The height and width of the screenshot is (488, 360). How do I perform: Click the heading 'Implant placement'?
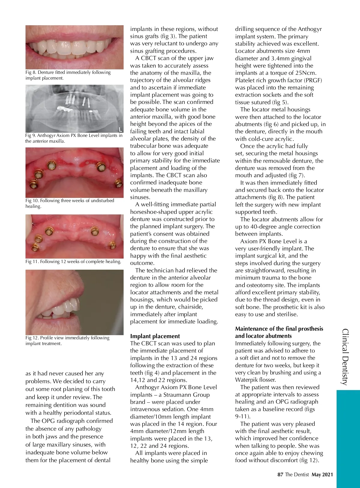point(155,336)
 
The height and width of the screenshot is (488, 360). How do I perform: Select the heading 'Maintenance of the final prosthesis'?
point(279,329)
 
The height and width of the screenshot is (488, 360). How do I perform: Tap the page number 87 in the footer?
point(280,474)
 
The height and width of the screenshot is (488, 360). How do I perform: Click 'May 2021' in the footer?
point(322,474)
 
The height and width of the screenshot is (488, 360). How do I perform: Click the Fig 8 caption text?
point(68,75)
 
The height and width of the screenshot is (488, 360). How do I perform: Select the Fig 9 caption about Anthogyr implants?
point(74,138)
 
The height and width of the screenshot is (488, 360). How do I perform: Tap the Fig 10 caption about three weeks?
point(70,203)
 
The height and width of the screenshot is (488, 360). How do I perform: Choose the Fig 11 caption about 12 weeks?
point(73,262)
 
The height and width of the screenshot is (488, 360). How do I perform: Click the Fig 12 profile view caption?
point(67,341)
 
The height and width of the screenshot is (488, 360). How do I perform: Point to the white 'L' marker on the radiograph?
point(120,129)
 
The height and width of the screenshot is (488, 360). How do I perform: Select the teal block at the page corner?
point(348,438)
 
